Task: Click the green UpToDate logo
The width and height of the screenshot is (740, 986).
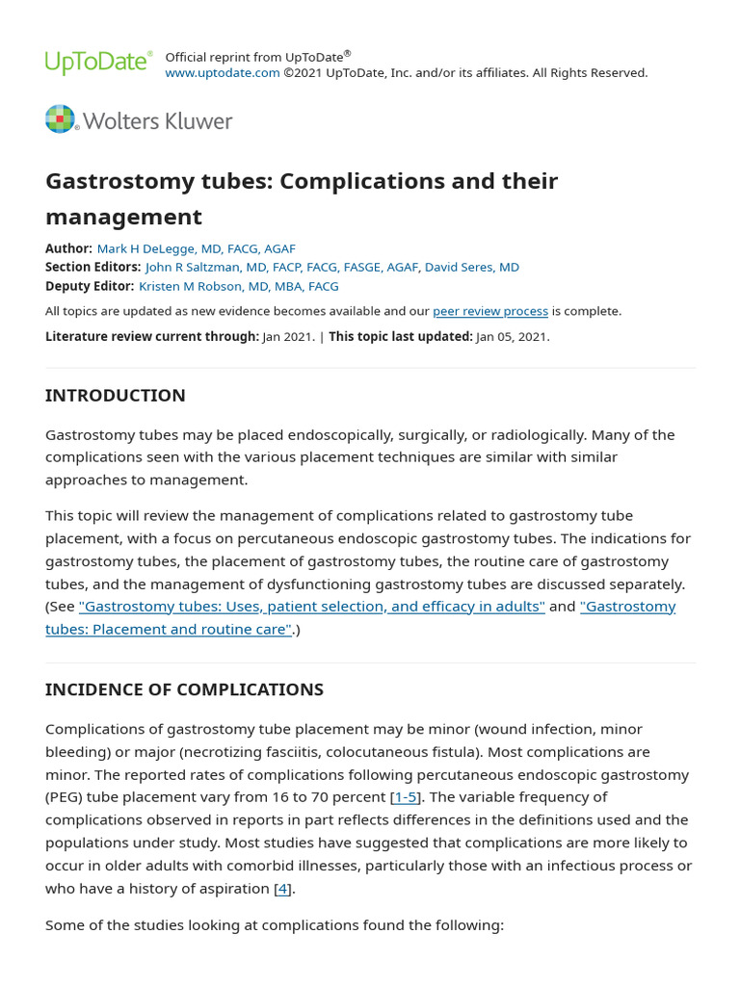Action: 98,63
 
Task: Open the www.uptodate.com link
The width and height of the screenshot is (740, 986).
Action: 223,73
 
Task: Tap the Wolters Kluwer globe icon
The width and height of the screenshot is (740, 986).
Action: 60,119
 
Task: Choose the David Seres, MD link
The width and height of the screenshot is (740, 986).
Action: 472,267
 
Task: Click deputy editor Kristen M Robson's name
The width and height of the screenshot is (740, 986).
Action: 238,286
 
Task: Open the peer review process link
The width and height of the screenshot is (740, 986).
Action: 490,311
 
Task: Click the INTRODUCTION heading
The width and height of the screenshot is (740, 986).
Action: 116,396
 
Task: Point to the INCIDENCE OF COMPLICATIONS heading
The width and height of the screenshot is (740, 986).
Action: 184,689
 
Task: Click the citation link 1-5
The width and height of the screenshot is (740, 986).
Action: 405,797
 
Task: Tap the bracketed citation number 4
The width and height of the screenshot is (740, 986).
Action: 282,889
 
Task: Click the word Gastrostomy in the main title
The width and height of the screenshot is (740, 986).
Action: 111,181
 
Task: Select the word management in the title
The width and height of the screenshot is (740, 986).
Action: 123,217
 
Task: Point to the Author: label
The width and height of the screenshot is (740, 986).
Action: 68,248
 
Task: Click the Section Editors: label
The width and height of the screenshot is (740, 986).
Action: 92,267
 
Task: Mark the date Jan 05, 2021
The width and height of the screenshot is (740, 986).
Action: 512,336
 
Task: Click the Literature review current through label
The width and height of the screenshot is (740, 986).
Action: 151,336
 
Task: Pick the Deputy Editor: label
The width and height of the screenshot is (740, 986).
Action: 90,286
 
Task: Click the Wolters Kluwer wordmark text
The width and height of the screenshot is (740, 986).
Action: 158,121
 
